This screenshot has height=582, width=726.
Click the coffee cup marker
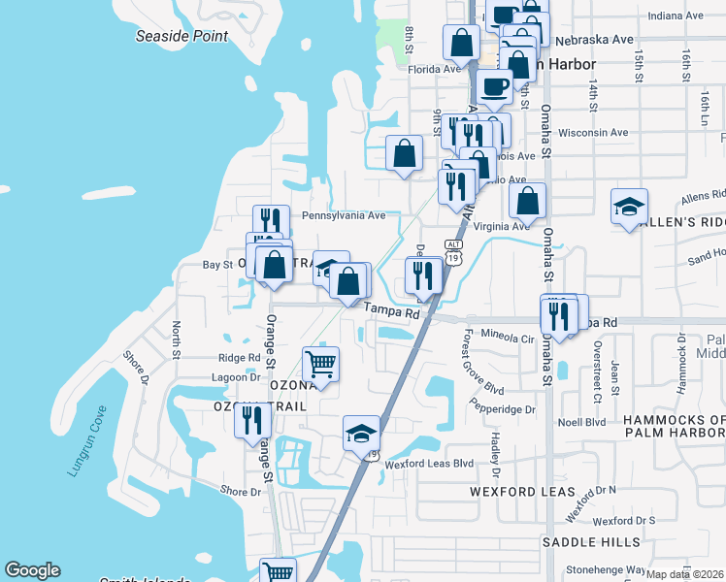click(x=495, y=86)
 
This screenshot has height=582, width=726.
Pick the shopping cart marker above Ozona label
click(x=321, y=365)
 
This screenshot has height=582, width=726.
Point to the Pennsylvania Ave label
click(x=344, y=215)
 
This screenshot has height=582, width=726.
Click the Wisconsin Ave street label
click(x=594, y=132)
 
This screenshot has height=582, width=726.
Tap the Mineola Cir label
click(x=508, y=339)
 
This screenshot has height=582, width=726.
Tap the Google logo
click(x=32, y=570)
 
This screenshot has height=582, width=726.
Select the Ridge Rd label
click(x=240, y=357)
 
